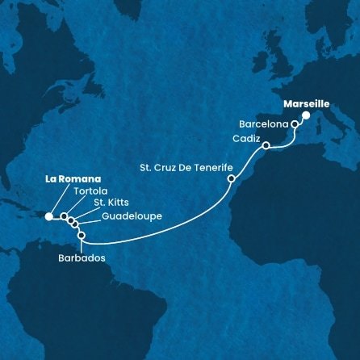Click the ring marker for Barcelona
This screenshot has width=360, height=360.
pyautogui.click(x=295, y=125)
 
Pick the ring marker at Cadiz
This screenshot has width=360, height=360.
pyautogui.click(x=266, y=146)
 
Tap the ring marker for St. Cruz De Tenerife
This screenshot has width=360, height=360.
pyautogui.click(x=232, y=178)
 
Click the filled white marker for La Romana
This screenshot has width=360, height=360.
pyautogui.click(x=49, y=216)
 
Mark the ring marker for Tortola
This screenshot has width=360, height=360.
pyautogui.click(x=64, y=217)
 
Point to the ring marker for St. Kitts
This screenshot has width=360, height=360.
pyautogui.click(x=71, y=220)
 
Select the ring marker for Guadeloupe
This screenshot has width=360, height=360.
pyautogui.click(x=75, y=225)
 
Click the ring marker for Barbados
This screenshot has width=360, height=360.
pyautogui.click(x=82, y=236)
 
